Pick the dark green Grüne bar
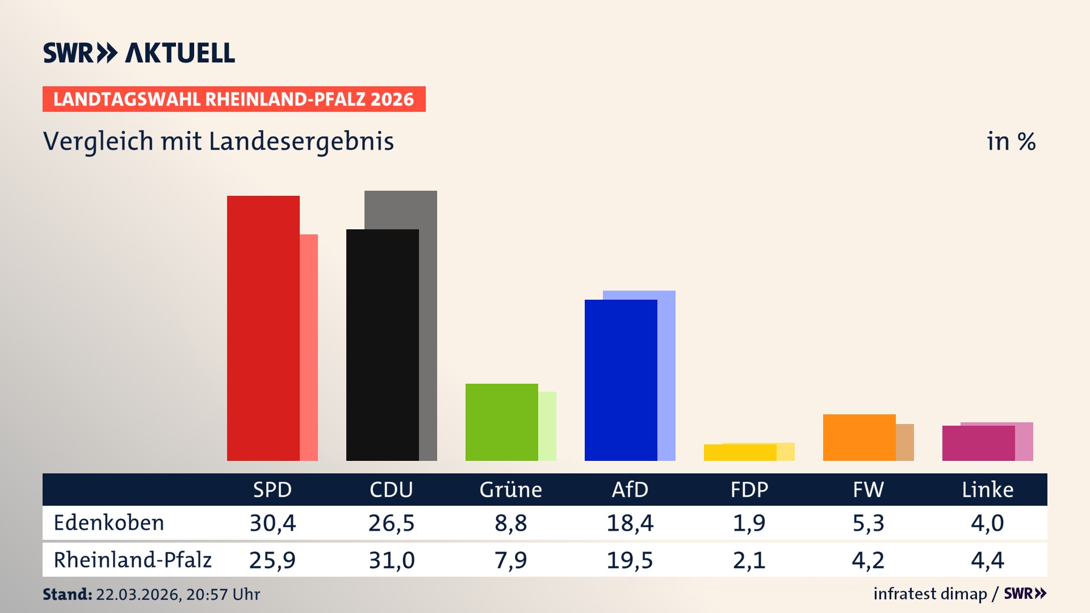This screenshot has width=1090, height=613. pos(501,422)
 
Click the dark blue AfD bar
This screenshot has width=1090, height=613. pos(621,380)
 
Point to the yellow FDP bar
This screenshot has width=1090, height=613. pos(740,453)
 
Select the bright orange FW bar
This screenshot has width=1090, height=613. pos(859,438)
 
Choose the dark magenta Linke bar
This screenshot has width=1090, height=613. pos(978,443)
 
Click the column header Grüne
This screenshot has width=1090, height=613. pos(510,490)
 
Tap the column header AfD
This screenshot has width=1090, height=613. pos(630,490)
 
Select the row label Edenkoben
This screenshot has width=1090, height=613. pos(109,523)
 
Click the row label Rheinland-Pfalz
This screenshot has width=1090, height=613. pos(132,560)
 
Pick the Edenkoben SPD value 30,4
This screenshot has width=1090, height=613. pos(272,523)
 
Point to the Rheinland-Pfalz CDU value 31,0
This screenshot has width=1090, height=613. pos(392,560)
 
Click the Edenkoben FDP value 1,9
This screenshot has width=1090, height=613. pos(749,523)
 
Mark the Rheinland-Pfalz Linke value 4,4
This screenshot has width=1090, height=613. pos(987,560)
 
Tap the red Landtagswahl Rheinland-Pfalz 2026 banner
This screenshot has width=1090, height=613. pos(234,99)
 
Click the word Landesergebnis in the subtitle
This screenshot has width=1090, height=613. pos(301,141)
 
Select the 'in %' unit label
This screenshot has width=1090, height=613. pos(1011,141)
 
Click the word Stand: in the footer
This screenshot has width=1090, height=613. pos(67,594)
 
